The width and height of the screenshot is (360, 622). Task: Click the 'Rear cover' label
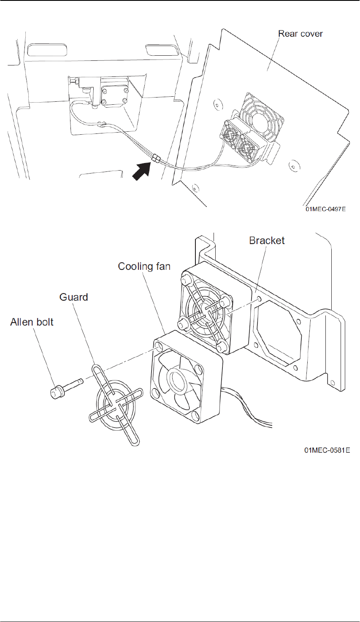coord(300,34)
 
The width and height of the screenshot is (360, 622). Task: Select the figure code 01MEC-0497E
coord(326,208)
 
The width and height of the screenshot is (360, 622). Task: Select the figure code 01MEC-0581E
coord(327,451)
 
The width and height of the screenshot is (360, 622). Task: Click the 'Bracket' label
coord(267,241)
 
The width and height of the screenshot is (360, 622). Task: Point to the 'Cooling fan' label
coord(144,266)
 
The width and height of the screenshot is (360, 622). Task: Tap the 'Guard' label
coord(74,297)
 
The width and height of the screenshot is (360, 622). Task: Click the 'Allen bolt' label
coord(32,322)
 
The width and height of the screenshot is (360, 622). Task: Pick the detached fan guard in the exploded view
coord(114,403)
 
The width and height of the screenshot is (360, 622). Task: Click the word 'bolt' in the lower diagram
coord(44,322)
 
